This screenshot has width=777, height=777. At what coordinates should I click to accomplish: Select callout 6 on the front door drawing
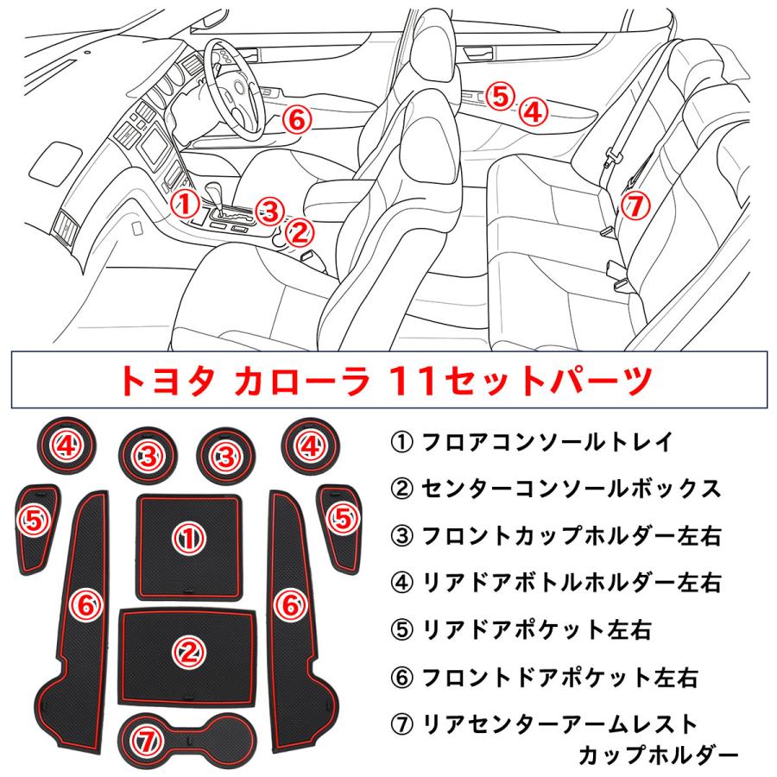click(x=296, y=120)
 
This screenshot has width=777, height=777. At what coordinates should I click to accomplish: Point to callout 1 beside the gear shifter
click(x=183, y=204)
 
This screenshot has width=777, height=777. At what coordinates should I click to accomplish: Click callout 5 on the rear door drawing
click(x=499, y=95)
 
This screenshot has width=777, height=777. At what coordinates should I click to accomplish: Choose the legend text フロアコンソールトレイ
click(x=544, y=444)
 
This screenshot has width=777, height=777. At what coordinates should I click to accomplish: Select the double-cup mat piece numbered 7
click(x=187, y=736)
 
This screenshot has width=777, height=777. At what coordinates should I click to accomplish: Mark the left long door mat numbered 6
click(x=85, y=604)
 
